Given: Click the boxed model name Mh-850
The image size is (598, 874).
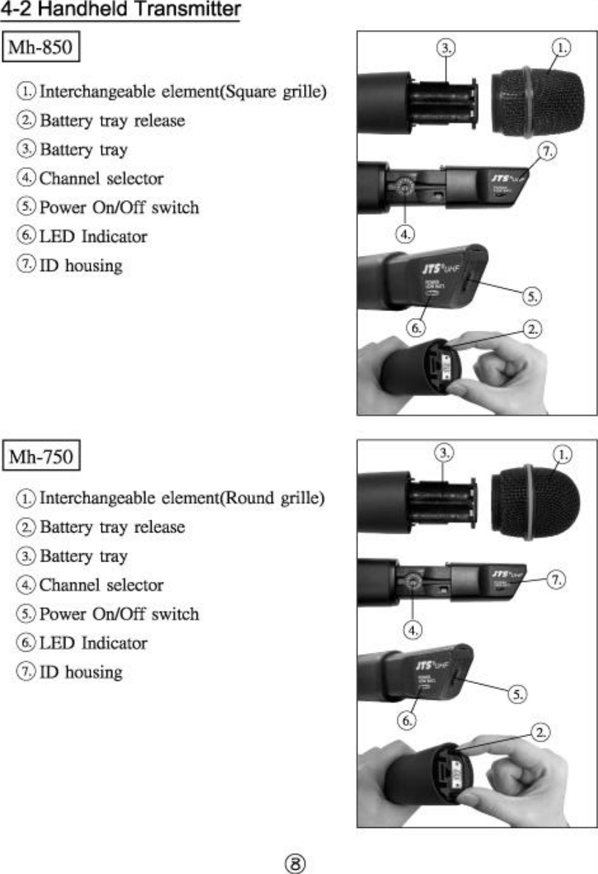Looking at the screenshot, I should (x=41, y=47).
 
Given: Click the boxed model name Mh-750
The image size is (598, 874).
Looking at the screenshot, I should (x=41, y=456).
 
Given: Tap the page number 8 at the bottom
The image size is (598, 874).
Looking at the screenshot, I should (x=294, y=863).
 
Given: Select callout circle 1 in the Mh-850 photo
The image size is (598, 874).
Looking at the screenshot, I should (x=561, y=48).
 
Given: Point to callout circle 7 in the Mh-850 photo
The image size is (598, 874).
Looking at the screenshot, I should (x=547, y=151).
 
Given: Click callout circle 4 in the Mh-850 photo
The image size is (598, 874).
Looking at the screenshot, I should (x=405, y=234).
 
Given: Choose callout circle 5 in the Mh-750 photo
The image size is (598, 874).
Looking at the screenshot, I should (x=517, y=694).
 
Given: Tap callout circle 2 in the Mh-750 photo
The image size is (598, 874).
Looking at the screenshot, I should (x=540, y=732).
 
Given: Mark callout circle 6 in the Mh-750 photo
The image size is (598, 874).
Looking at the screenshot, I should (x=407, y=721).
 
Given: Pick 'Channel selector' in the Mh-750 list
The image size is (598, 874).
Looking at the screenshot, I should (x=101, y=585).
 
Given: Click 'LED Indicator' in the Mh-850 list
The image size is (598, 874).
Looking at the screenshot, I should (x=93, y=237).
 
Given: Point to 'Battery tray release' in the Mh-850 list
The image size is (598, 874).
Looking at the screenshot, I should (x=112, y=121).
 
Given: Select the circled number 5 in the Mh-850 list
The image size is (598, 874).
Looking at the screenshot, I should (x=26, y=207).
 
